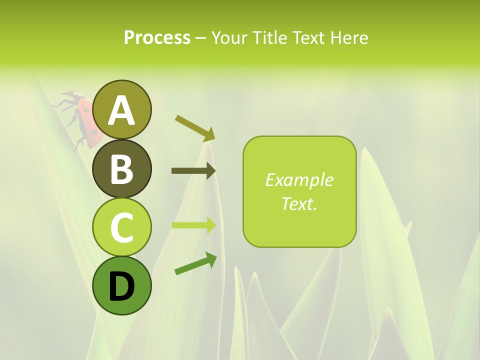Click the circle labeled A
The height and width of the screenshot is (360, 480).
point(121,109)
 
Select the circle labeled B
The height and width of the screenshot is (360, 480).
point(121,168)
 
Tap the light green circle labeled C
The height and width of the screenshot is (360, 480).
point(121,227)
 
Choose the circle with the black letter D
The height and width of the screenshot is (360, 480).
point(121,285)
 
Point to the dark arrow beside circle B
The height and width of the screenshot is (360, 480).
point(193,171)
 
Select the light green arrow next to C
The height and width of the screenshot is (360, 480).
point(193,225)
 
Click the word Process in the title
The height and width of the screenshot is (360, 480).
point(157,38)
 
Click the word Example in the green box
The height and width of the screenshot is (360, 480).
point(299,180)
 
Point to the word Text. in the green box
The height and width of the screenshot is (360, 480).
point(299,204)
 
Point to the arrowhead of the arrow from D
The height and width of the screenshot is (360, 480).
point(210,258)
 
